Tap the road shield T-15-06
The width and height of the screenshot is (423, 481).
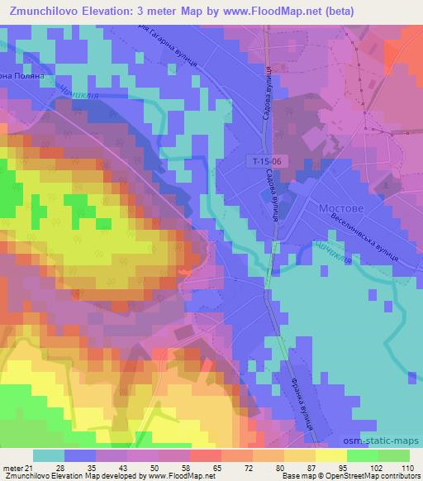pyautogui.click(x=270, y=164)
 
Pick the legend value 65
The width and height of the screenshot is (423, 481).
pyautogui.click(x=194, y=467)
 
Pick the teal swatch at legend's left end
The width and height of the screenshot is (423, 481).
pyautogui.click(x=48, y=455)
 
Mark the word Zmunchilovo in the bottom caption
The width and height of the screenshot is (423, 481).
pyautogui.click(x=28, y=476)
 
